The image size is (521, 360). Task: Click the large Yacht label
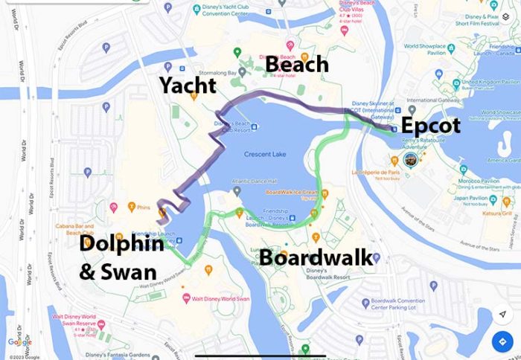click(x=187, y=86)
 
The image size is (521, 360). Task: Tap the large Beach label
click(x=296, y=64)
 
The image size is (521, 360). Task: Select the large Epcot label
click(x=430, y=125)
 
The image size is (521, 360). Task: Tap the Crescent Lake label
click(x=264, y=155)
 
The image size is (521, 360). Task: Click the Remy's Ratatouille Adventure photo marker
click(x=409, y=159)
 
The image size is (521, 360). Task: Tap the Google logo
click(x=19, y=341)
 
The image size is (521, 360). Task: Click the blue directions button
click(x=502, y=342)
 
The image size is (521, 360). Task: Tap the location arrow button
click(x=502, y=314)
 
